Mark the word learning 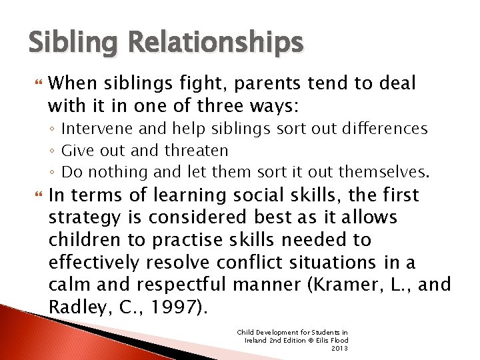coord(193,195)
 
